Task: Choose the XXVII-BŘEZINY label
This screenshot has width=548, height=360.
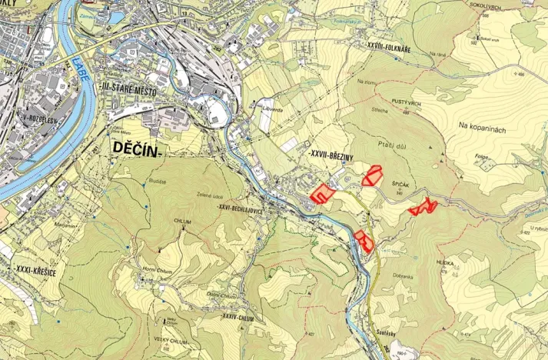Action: pyautogui.click(x=330, y=155)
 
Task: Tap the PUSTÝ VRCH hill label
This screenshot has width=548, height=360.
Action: pyautogui.click(x=405, y=102)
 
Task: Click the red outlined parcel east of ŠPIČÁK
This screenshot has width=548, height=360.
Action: pyautogui.click(x=423, y=207)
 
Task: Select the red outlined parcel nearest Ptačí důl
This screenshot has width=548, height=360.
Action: pyautogui.click(x=374, y=175)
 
